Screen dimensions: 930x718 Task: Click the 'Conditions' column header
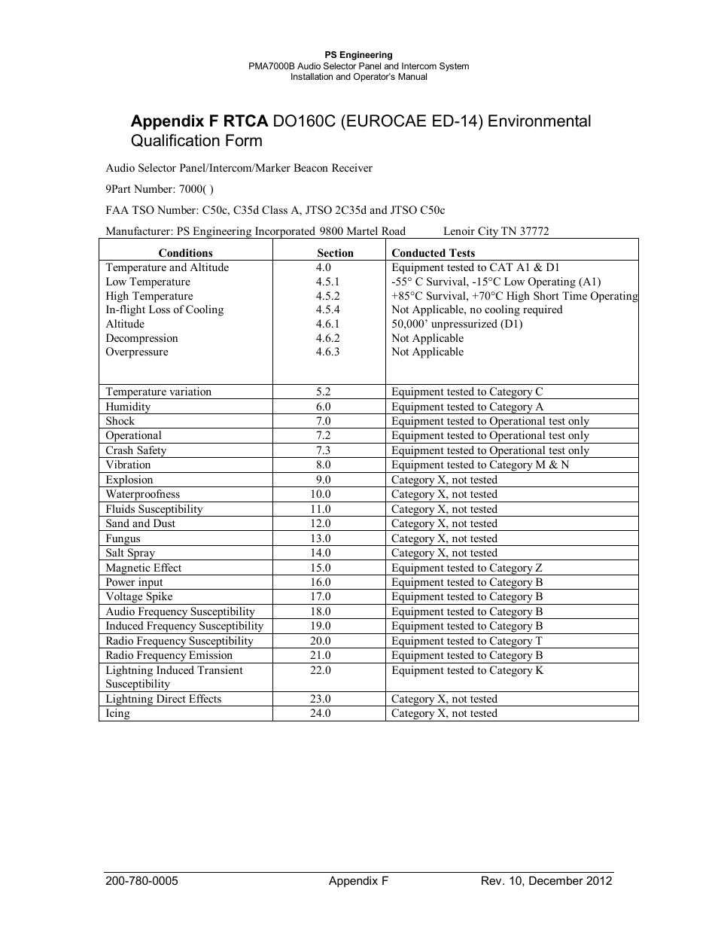[185, 253]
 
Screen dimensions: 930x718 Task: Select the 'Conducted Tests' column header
[433, 253]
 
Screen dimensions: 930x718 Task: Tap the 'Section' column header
[335, 253]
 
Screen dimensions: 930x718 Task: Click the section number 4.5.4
[327, 309]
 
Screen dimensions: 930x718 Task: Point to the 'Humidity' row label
[128, 407]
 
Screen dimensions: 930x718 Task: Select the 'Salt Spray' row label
[130, 553]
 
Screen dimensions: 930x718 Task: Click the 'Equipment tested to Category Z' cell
[467, 568]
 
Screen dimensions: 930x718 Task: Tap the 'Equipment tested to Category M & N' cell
[480, 465]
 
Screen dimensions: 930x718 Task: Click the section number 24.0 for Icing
[320, 713]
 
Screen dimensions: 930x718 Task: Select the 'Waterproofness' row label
[142, 494]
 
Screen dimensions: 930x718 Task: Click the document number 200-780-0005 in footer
[141, 881]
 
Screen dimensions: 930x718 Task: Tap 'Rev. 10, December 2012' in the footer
[546, 881]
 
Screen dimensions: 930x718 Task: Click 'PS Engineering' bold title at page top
[358, 55]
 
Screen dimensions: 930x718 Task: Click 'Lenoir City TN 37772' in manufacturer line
[496, 231]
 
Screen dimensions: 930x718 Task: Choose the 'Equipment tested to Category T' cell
[467, 641]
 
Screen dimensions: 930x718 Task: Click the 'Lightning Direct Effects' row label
[163, 699]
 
